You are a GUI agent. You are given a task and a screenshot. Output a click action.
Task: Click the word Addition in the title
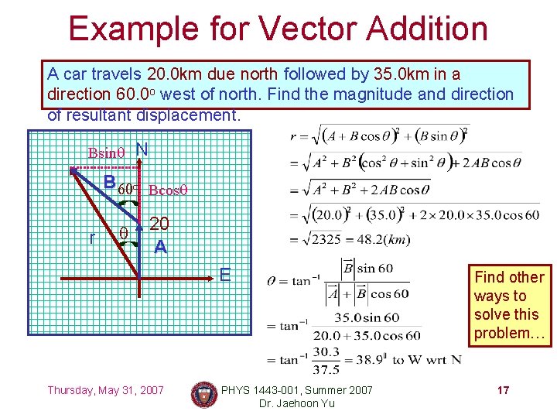pos(427,29)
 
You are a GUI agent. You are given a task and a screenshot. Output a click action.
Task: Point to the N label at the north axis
pos(142,149)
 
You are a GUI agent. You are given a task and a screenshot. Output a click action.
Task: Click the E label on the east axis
pos(225,274)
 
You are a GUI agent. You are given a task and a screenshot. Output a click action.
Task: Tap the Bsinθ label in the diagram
pos(108,152)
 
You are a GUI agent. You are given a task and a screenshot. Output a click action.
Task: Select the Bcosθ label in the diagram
pos(169,190)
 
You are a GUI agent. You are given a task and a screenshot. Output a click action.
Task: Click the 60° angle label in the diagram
pos(129,188)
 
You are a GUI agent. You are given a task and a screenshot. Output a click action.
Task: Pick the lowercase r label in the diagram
pos(92,238)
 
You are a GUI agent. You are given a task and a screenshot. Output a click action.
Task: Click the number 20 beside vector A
pos(159,224)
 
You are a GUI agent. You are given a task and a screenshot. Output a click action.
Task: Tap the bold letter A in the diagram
pos(159,247)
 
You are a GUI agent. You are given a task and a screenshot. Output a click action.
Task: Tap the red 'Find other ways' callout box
pos(509,305)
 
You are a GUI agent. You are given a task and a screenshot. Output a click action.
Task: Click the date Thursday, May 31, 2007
pos(105,390)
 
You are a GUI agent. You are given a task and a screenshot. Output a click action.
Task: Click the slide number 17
pos(503,390)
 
